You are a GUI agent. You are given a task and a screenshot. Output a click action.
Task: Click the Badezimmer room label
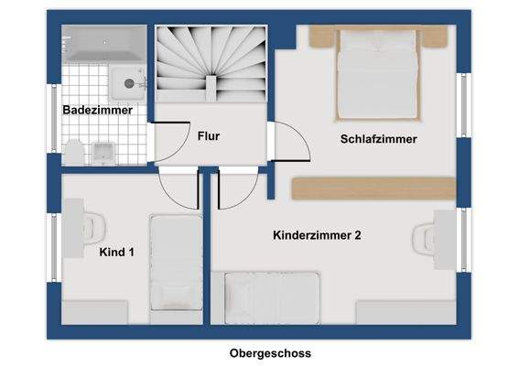coord(97,111)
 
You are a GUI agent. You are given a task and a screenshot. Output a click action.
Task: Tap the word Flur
coord(209,135)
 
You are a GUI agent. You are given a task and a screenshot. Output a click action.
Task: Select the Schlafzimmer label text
coord(378,139)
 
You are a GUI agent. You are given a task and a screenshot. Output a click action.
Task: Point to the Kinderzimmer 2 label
coord(317,235)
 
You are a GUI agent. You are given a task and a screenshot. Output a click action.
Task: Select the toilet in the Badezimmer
coord(76,151)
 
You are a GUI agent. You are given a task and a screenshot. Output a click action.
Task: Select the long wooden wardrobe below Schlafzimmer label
coord(372,188)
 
